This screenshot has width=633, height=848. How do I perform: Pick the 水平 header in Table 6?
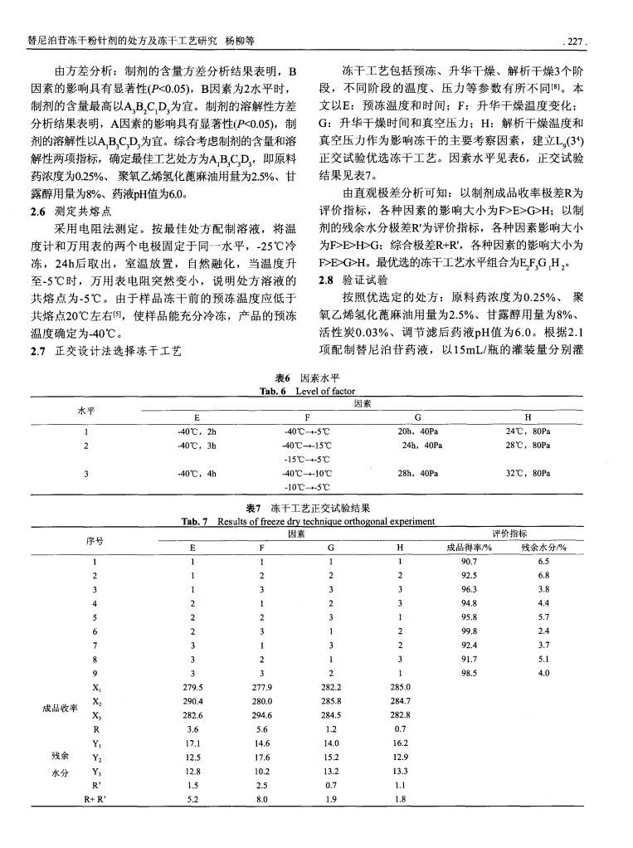click(x=86, y=409)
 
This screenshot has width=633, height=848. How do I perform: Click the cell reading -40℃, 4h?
click(x=196, y=474)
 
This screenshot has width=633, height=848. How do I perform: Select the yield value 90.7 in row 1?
click(x=470, y=561)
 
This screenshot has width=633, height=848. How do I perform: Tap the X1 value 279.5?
click(x=193, y=687)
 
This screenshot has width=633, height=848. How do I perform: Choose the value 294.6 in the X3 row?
click(x=262, y=715)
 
